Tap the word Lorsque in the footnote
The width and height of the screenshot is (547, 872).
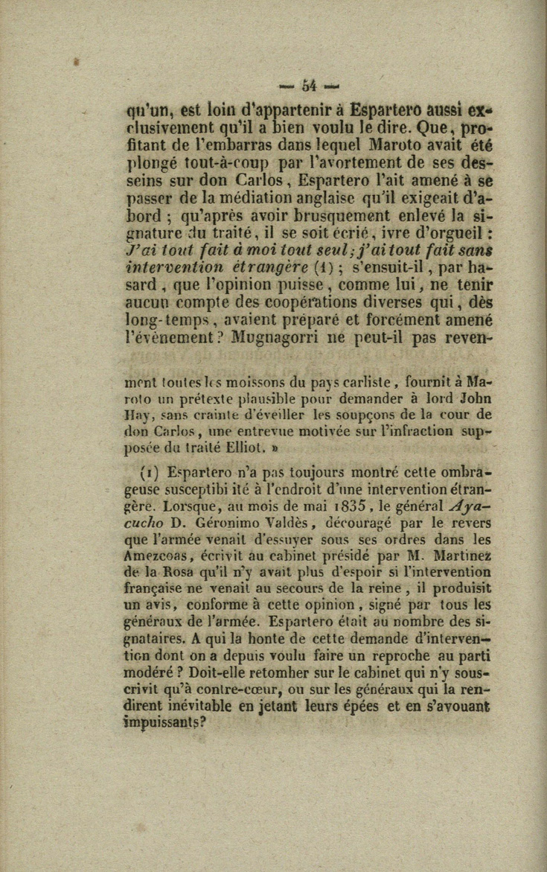coord(195,507)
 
